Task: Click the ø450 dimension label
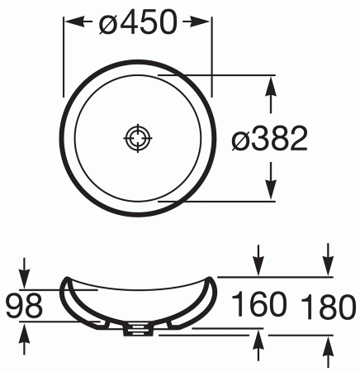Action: point(138,24)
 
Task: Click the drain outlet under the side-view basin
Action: point(138,331)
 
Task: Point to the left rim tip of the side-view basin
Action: point(64,279)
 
